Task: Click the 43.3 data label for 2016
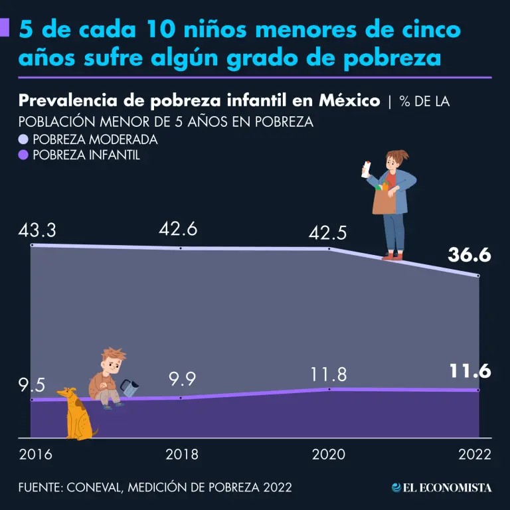point(37,232)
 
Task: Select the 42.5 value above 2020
point(328,234)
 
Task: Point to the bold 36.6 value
point(469,254)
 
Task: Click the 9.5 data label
point(32,385)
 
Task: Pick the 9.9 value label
point(183,379)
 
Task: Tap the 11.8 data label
point(328,374)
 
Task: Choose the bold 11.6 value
point(469,371)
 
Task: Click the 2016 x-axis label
point(37,455)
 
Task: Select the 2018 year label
point(182,455)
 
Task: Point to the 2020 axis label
point(328,455)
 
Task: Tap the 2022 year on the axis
point(474,455)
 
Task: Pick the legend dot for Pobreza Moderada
point(24,140)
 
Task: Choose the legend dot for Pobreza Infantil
point(24,155)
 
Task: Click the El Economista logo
point(442,487)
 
